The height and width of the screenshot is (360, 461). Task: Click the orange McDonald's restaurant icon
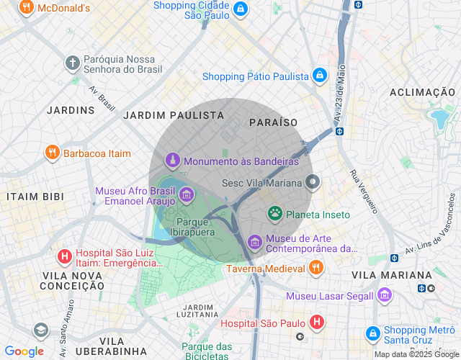(26, 9)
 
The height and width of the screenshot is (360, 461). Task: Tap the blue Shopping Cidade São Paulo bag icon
(241, 9)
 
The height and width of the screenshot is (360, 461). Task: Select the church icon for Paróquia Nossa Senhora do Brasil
(72, 63)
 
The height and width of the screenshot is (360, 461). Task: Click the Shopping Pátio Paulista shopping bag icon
(320, 75)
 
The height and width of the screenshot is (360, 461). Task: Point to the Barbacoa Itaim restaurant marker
(52, 153)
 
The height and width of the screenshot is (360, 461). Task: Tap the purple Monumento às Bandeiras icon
(172, 161)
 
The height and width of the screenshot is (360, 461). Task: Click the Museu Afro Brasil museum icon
(187, 194)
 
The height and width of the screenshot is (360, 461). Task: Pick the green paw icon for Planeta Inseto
(275, 213)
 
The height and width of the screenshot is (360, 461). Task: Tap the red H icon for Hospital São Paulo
(315, 322)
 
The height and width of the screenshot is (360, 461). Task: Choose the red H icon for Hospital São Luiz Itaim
(64, 256)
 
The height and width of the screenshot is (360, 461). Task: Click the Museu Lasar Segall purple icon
(385, 296)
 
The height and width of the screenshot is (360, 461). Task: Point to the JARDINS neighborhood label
(71, 110)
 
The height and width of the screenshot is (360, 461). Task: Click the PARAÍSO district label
(273, 123)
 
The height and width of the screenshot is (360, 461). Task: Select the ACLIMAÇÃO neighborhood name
(422, 92)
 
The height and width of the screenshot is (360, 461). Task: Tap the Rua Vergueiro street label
(364, 192)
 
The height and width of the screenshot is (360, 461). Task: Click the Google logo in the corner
(24, 351)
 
